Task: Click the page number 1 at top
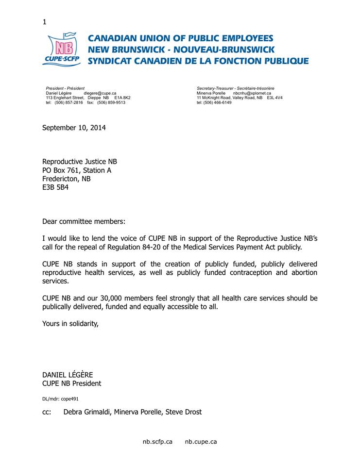pos(45,22)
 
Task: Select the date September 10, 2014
pos(74,128)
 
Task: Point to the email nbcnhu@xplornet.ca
pos(252,93)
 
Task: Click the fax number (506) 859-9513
pos(111,102)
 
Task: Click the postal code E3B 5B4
pos(55,187)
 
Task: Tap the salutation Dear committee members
pos(84,221)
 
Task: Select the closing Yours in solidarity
pos(70,324)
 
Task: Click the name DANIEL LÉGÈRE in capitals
pos(68,375)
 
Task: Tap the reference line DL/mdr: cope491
pos(60,399)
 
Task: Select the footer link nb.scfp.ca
pos(157,442)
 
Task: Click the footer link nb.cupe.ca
pos(201,442)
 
